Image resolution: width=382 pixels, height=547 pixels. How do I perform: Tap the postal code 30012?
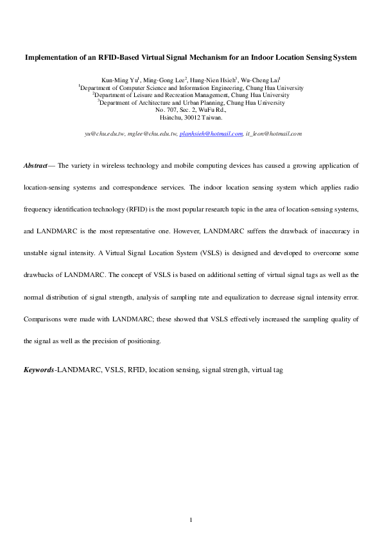191,118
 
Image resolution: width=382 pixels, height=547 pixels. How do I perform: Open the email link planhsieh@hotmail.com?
211,134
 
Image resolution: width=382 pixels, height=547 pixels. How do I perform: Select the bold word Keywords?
39,370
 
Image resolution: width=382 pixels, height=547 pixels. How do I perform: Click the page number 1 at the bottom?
191,519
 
